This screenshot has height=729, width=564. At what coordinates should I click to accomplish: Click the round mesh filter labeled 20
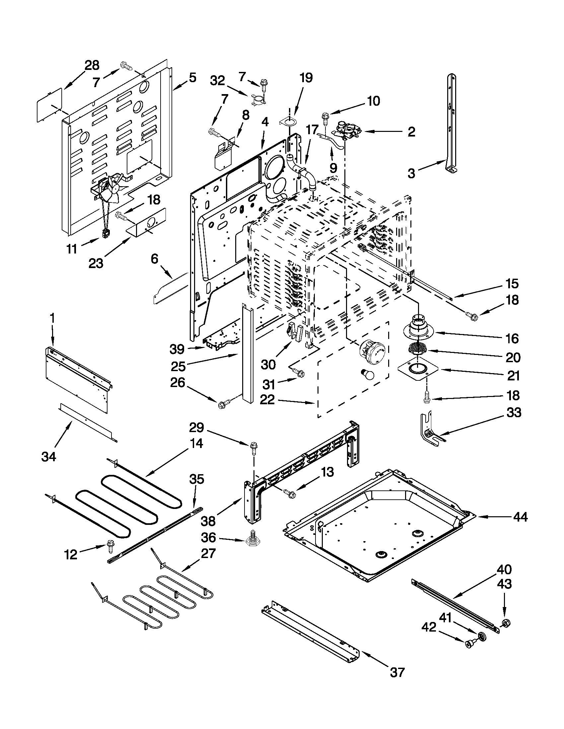(x=417, y=350)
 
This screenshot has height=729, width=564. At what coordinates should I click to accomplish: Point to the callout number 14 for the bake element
(x=196, y=444)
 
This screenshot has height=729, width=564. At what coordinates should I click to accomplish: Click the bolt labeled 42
(x=470, y=644)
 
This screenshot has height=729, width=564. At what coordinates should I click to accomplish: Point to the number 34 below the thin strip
(x=49, y=456)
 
